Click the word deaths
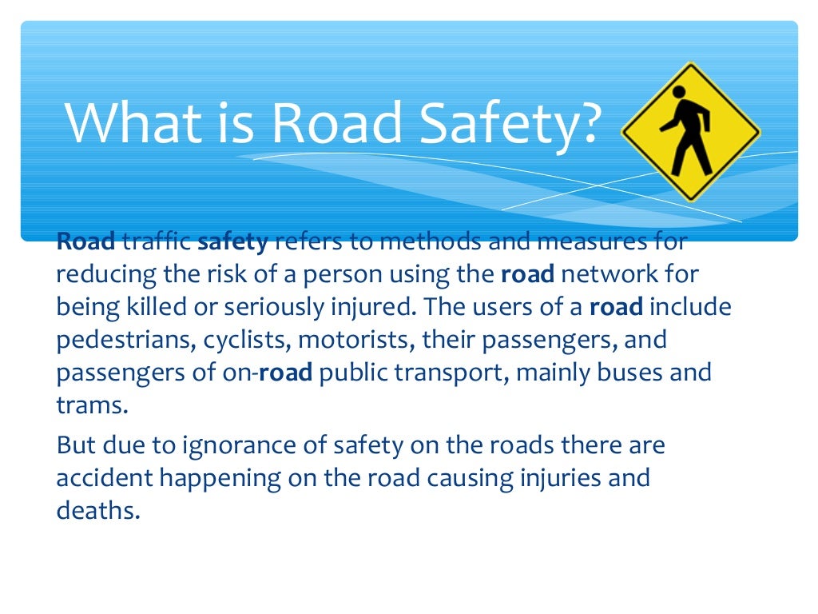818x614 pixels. coord(97,510)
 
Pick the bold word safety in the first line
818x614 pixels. coord(232,242)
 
